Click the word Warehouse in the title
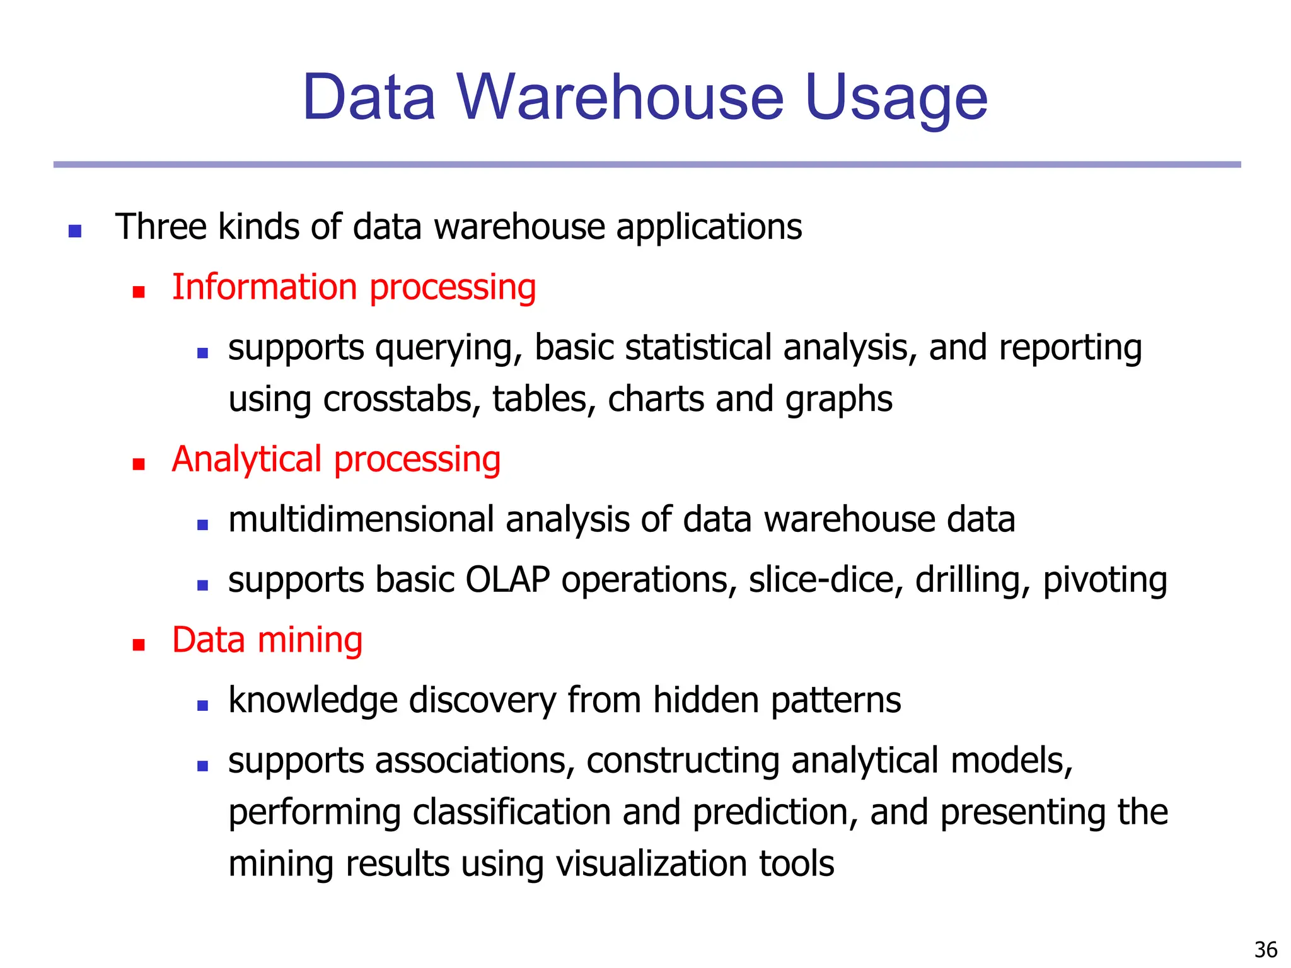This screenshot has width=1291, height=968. tap(620, 98)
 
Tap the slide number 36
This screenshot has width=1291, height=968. tap(1266, 949)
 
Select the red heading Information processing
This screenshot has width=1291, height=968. tap(354, 288)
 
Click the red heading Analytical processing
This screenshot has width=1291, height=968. tap(336, 459)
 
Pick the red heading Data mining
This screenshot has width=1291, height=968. tap(267, 640)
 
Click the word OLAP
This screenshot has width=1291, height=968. tap(507, 580)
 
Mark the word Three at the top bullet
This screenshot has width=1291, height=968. tap(160, 227)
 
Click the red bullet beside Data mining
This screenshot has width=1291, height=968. tap(139, 645)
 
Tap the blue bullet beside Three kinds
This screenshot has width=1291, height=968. tap(75, 231)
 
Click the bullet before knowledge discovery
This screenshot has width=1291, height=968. tap(202, 705)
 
